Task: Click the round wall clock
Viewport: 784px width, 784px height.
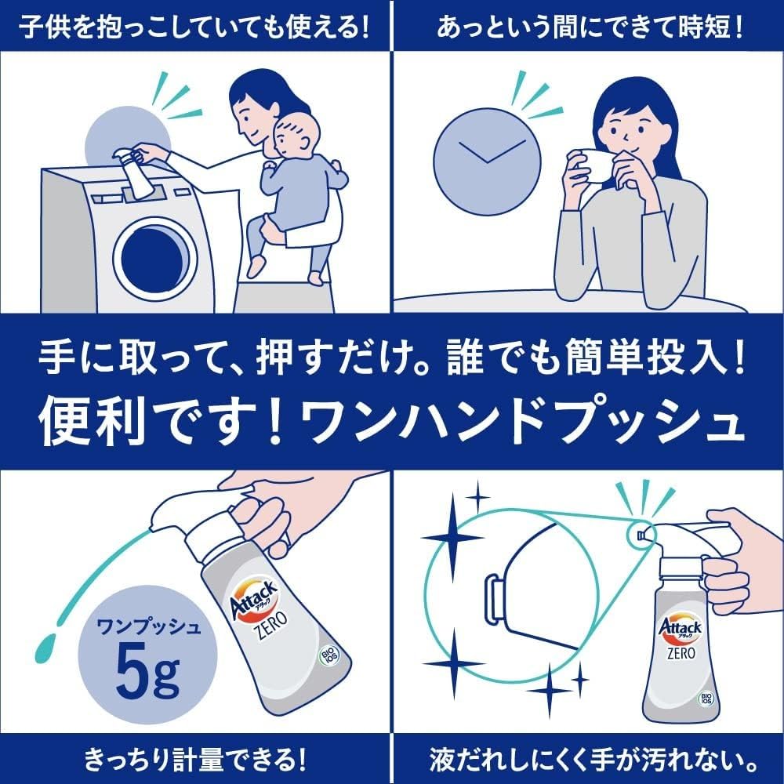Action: (487, 162)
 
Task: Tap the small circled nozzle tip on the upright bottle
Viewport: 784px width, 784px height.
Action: (641, 536)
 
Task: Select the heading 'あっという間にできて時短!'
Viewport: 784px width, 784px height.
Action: (590, 27)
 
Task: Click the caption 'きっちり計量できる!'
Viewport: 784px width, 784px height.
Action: (194, 760)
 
